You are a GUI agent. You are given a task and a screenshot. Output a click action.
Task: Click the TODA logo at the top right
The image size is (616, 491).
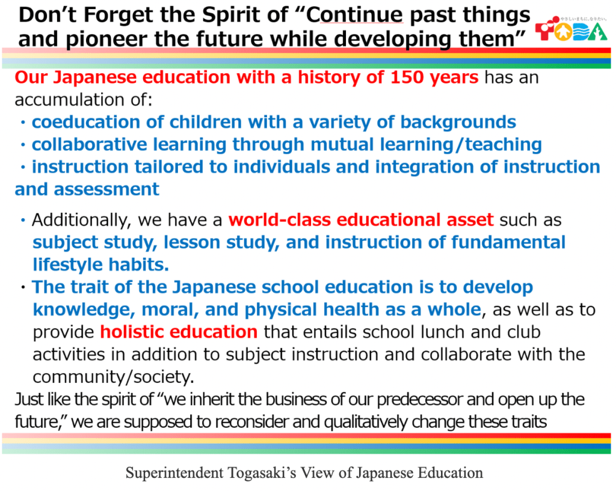(x=571, y=29)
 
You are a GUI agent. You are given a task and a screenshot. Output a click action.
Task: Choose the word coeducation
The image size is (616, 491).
(x=86, y=122)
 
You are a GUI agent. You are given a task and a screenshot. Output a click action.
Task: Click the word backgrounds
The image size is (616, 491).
(x=458, y=123)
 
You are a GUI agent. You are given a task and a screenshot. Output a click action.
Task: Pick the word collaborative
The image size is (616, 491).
(x=90, y=144)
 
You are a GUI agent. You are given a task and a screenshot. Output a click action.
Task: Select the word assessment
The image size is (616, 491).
(x=106, y=189)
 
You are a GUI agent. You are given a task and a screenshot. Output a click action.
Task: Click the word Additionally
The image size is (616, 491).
(x=81, y=220)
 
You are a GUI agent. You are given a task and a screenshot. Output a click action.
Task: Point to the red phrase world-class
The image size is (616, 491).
(x=280, y=220)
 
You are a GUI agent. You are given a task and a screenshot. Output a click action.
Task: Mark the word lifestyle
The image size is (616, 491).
(x=68, y=265)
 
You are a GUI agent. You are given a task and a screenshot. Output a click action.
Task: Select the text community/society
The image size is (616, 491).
(x=113, y=377)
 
